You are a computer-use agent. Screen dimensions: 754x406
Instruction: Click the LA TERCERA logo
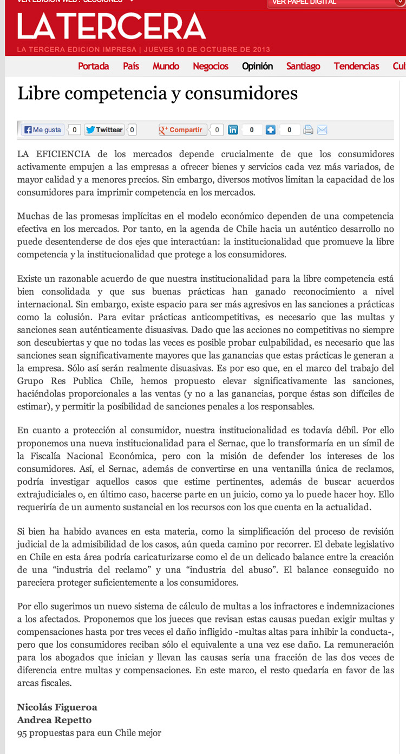pyautogui.click(x=112, y=27)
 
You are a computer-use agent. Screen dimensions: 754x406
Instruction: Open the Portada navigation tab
pyautogui.click(x=93, y=66)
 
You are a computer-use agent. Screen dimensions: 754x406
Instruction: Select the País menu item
pyautogui.click(x=131, y=66)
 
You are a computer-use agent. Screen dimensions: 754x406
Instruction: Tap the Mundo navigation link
pyautogui.click(x=166, y=66)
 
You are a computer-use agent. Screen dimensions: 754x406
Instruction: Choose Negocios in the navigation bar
pyautogui.click(x=211, y=66)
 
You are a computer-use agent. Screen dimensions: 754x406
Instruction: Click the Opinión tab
pyautogui.click(x=257, y=66)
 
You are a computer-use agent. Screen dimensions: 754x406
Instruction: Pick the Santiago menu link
pyautogui.click(x=303, y=66)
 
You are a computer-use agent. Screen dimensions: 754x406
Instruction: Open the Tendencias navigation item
pyautogui.click(x=356, y=66)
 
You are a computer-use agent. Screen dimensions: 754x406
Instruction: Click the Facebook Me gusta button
pyautogui.click(x=42, y=130)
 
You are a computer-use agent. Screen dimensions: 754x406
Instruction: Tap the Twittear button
pyautogui.click(x=104, y=130)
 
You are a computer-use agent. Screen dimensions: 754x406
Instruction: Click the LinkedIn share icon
pyautogui.click(x=233, y=130)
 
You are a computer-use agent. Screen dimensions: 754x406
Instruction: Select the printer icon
pyautogui.click(x=308, y=130)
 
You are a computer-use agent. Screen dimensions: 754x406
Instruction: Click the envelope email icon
pyautogui.click(x=322, y=130)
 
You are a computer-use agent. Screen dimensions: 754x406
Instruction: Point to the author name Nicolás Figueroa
pyautogui.click(x=57, y=707)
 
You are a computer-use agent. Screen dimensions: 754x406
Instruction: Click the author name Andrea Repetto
pyautogui.click(x=54, y=720)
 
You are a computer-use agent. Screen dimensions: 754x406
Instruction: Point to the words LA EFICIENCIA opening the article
pyautogui.click(x=54, y=154)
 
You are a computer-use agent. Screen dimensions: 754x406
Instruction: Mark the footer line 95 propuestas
pyautogui.click(x=89, y=733)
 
